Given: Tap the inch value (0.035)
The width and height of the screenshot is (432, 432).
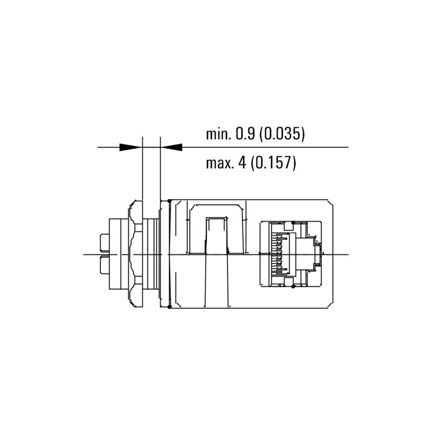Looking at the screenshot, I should point(282,134).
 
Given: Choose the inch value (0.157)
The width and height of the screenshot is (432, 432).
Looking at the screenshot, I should point(275,163).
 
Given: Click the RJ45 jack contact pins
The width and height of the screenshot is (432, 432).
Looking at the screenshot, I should point(279,254).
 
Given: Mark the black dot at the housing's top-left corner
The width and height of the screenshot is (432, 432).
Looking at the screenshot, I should point(170,201).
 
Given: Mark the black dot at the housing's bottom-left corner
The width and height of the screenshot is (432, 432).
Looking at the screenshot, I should point(170,307).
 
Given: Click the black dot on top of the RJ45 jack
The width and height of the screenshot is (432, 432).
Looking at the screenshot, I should point(292,221).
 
